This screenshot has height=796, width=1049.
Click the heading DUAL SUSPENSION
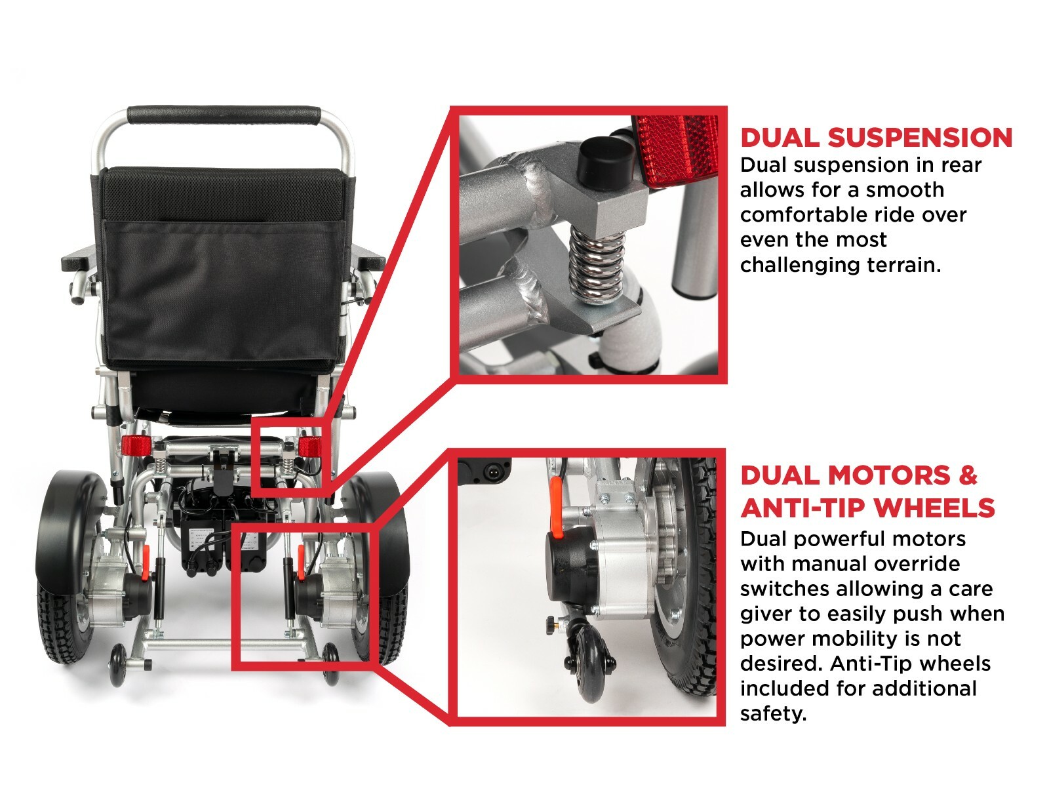point(876,138)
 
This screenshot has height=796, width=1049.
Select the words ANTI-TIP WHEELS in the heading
point(867,507)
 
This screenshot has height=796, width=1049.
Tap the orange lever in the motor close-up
point(556,507)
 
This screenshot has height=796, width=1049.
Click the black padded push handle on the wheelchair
point(224,115)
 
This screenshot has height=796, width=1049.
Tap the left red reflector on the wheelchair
point(136,445)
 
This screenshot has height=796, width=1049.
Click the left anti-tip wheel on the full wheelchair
point(117,666)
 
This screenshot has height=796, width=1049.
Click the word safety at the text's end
point(773,714)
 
